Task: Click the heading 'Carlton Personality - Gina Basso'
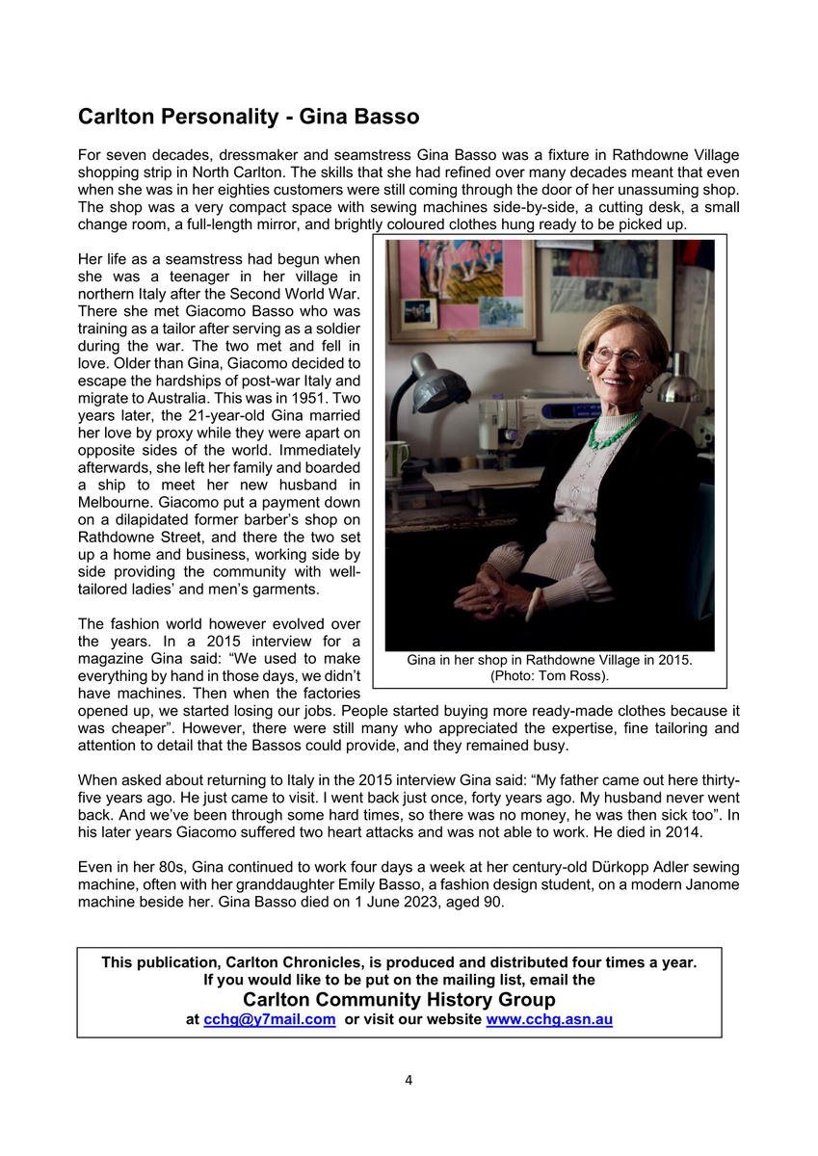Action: pos(249,118)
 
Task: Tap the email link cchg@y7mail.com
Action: pos(270,1019)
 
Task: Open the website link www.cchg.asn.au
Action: pos(550,1019)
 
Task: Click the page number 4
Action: pos(409,1080)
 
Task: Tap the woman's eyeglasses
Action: pos(617,356)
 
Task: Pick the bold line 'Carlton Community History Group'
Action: pos(399,1000)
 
